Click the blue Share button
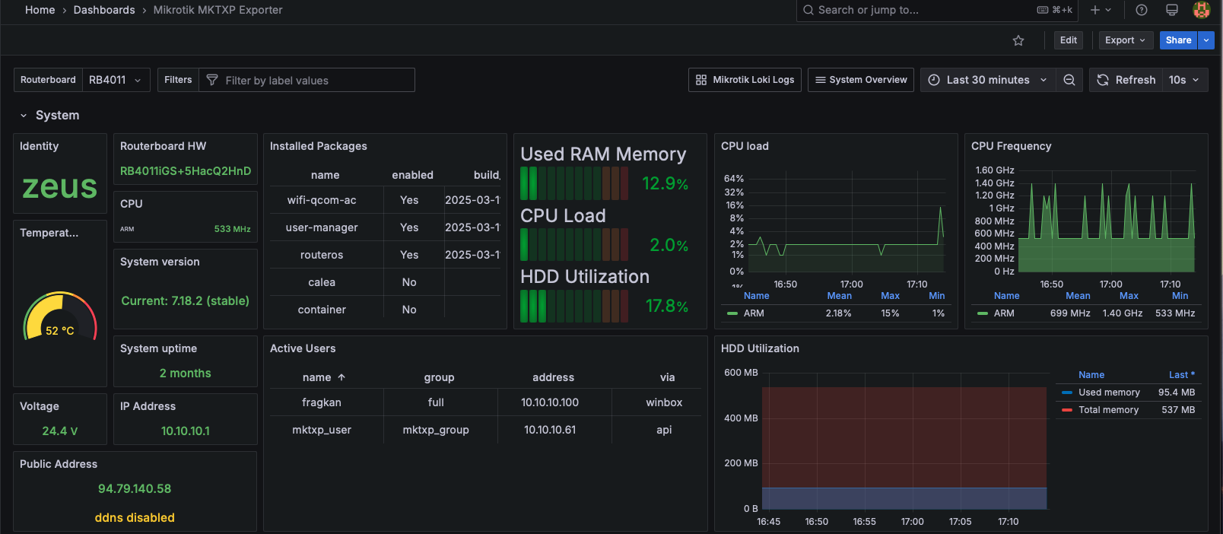pos(1178,40)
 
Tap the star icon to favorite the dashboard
pos(1018,40)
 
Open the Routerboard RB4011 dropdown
pos(115,80)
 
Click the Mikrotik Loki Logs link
pos(745,80)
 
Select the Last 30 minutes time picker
pos(988,80)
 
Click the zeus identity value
pos(59,186)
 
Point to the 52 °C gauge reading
pos(59,331)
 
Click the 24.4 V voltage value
pos(59,431)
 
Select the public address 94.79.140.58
pos(135,488)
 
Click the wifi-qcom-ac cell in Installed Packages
pos(322,200)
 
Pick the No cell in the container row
pos(409,310)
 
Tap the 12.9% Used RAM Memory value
pos(665,183)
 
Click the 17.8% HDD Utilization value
pos(667,306)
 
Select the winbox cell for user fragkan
pos(664,402)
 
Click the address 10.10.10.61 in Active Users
pos(550,430)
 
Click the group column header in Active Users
pos(439,377)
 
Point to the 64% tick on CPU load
pos(733,179)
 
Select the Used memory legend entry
pos(1109,392)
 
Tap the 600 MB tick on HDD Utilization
pos(740,373)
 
